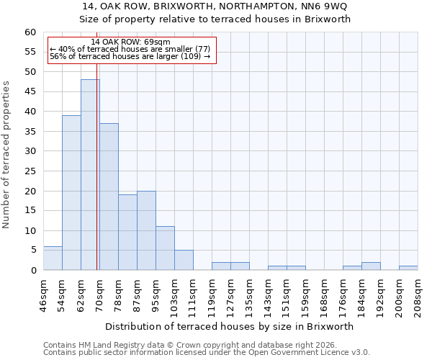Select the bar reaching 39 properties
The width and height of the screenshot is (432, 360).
click(71, 193)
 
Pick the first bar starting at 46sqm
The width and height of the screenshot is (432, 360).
click(53, 258)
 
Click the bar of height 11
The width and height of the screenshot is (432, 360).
click(165, 248)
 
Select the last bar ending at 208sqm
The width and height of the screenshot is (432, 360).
click(408, 268)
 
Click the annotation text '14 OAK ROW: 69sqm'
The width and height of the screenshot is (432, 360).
click(131, 42)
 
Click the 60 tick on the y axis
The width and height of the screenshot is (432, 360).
click(30, 32)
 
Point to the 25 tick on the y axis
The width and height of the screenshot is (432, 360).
click(30, 171)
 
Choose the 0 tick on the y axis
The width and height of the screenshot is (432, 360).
click(33, 271)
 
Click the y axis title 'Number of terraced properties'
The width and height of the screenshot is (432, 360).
click(7, 155)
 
